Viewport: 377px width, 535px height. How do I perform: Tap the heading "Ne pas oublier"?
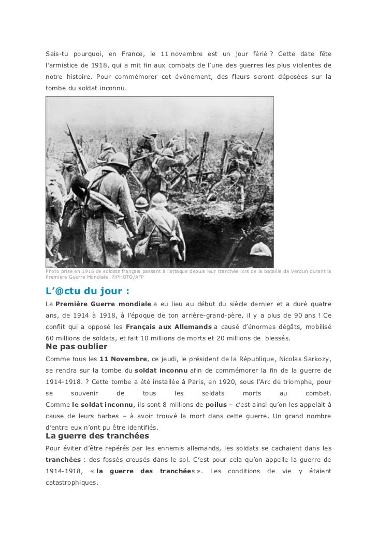77,347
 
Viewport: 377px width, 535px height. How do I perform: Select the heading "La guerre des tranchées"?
97,435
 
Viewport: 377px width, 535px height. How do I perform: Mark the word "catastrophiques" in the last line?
71,482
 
